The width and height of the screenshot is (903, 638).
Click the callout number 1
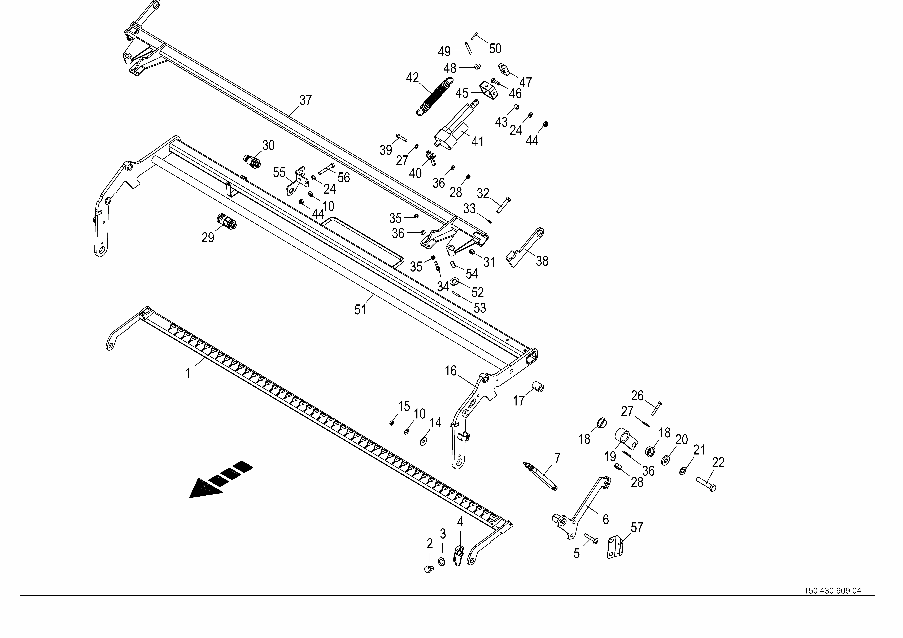coord(188,373)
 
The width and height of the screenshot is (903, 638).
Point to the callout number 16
coord(451,371)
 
